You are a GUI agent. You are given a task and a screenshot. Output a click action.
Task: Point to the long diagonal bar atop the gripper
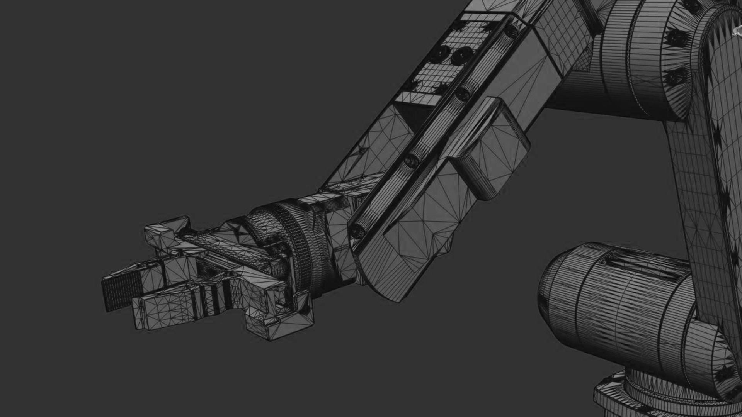[x=228, y=247]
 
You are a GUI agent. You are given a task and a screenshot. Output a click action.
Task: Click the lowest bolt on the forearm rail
[x=358, y=231]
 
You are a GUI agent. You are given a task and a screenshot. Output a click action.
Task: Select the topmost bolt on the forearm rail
[x=512, y=31]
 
